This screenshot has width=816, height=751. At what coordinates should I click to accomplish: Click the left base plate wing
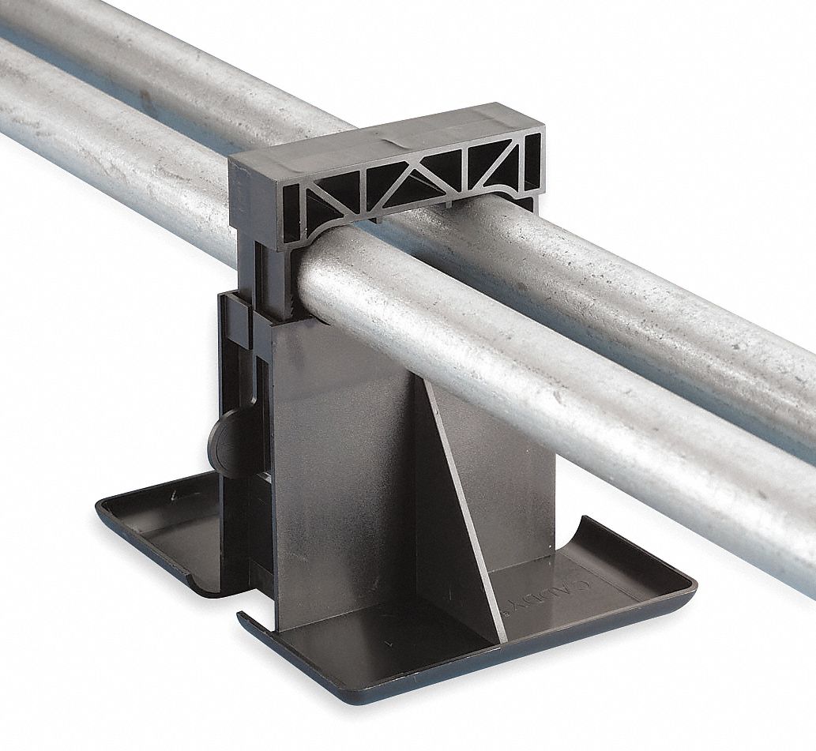click(x=158, y=529)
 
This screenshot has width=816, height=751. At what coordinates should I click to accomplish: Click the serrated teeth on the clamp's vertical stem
click(x=290, y=292)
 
